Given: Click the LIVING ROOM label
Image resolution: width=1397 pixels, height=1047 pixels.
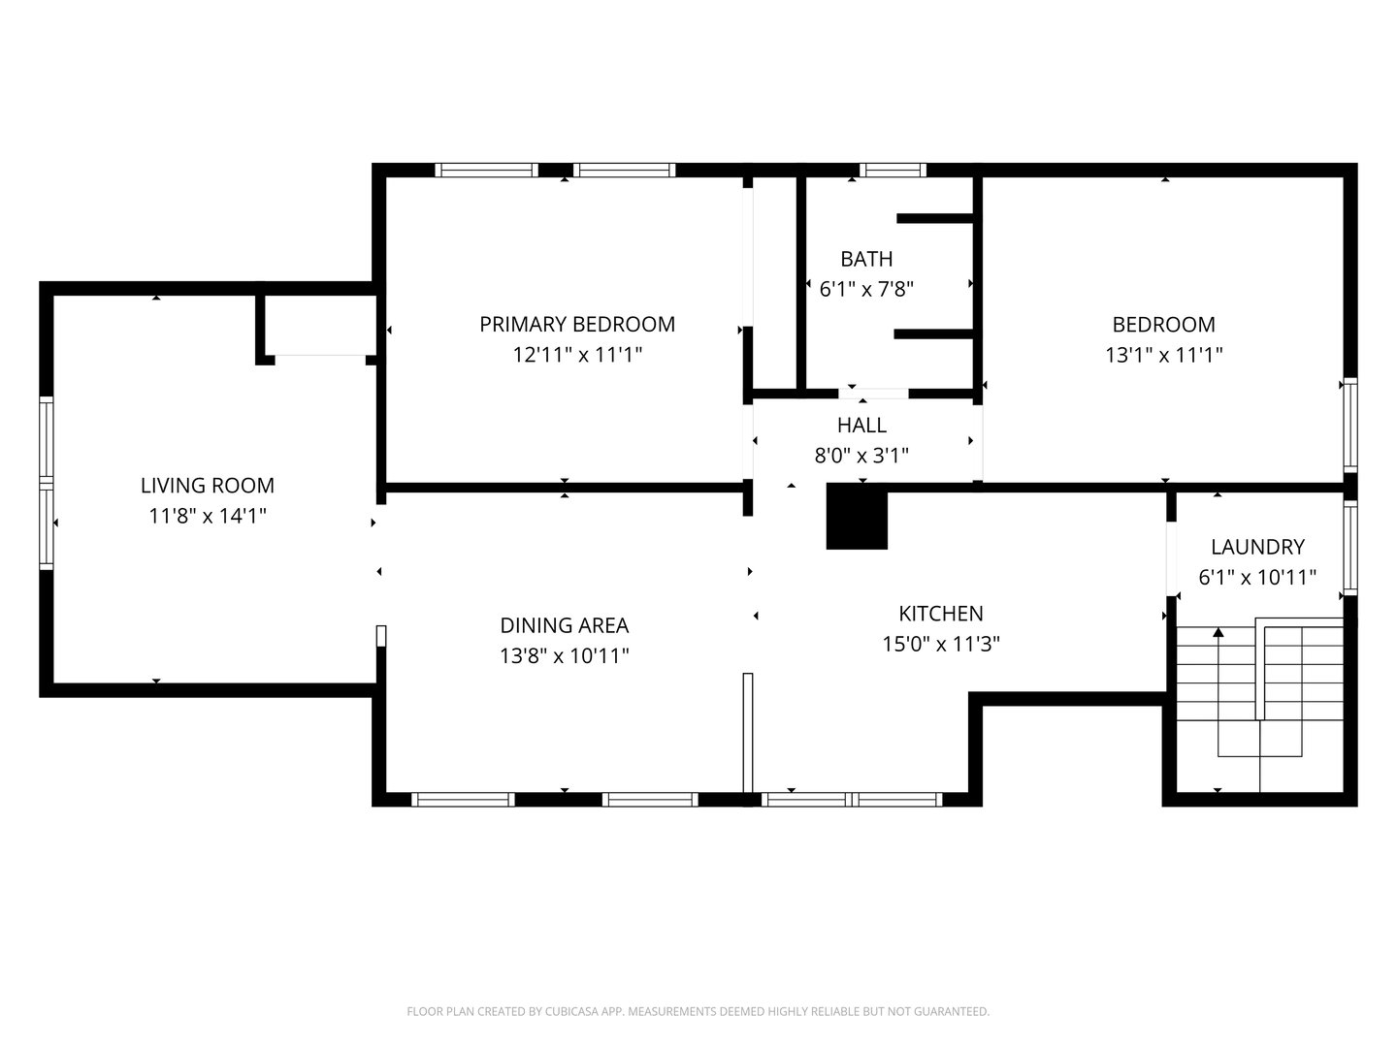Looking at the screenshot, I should click(x=208, y=486).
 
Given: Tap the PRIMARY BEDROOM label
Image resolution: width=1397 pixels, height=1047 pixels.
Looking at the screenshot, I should click(x=577, y=324).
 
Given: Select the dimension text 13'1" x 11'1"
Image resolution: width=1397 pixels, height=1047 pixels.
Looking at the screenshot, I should click(x=1163, y=355).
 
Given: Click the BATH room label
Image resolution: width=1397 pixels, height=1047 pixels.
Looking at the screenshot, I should click(x=866, y=259).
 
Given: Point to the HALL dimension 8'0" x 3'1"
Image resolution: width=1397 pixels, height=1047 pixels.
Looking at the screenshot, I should click(x=861, y=455).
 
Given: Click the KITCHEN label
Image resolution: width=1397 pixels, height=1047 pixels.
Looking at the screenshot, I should click(x=941, y=614).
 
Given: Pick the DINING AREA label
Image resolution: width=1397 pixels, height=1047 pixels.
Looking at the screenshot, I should click(x=564, y=625).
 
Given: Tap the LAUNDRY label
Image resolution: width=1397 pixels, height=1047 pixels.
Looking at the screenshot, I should click(x=1257, y=547).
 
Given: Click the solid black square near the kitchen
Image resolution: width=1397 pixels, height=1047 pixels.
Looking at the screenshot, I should click(x=857, y=518).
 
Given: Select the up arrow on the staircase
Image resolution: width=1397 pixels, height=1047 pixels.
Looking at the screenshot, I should click(x=1218, y=633).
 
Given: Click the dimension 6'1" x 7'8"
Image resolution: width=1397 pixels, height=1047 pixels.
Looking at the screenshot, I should click(x=866, y=289).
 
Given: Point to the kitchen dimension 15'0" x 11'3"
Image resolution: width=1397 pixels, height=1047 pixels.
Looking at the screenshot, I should click(x=941, y=644).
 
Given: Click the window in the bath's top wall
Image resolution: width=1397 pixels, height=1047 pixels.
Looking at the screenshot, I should click(x=893, y=171).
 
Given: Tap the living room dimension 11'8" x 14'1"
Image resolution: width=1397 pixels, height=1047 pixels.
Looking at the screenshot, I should click(x=208, y=516).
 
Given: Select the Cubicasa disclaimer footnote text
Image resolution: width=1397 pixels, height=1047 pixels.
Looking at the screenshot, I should click(x=698, y=1011).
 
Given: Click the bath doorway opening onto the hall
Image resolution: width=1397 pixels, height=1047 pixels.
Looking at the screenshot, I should click(x=874, y=394).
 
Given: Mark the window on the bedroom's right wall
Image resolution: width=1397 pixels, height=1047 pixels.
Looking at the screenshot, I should click(x=1349, y=425).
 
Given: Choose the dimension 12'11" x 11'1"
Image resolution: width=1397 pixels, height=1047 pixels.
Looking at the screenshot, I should click(x=577, y=355).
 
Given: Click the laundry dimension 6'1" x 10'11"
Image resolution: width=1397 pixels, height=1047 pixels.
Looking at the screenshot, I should click(x=1257, y=578).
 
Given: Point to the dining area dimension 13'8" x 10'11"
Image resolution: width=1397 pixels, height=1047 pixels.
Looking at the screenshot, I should click(x=564, y=656).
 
